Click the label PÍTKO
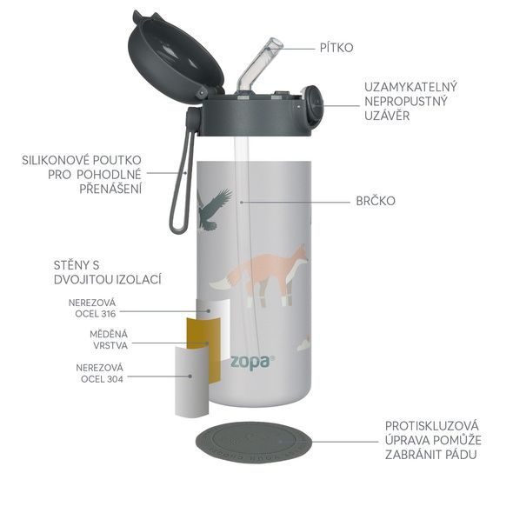tap(337, 47)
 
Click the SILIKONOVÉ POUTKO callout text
tap(83, 174)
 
